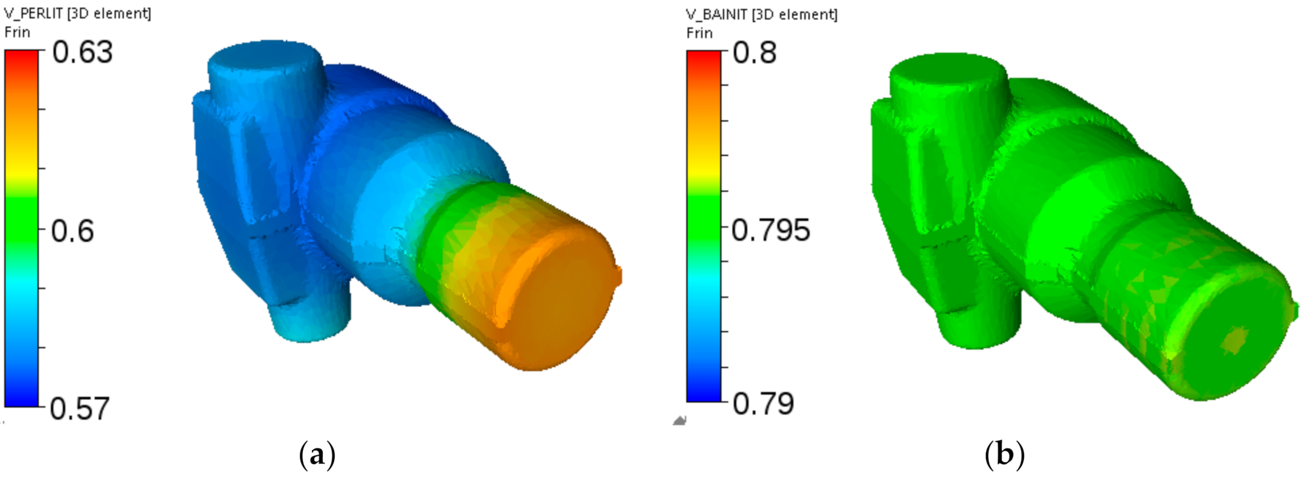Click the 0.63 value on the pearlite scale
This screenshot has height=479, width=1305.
pyautogui.click(x=83, y=52)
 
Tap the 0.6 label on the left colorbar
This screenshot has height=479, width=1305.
pyautogui.click(x=72, y=231)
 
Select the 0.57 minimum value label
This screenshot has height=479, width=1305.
pyautogui.click(x=79, y=408)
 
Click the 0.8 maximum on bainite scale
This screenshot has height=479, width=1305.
pyautogui.click(x=755, y=52)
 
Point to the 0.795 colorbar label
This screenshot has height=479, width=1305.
pyautogui.click(x=770, y=230)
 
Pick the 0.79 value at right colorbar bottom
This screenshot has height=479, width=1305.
pyautogui.click(x=763, y=404)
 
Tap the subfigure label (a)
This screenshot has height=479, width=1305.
pyautogui.click(x=317, y=455)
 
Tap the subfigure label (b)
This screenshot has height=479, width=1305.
pyautogui.click(x=1004, y=455)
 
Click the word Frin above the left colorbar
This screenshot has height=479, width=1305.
pyautogui.click(x=17, y=32)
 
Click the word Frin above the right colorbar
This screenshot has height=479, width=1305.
pyautogui.click(x=699, y=33)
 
